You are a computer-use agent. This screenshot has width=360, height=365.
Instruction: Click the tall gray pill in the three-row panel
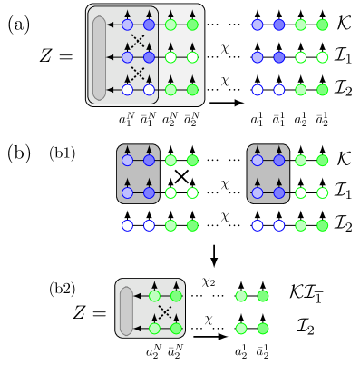pos(99,57)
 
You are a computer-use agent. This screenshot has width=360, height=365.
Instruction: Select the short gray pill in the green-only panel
pos(126,311)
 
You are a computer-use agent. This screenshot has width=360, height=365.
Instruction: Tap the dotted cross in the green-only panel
pos(165,311)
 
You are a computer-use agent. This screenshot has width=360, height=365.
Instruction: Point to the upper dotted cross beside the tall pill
pos(138,41)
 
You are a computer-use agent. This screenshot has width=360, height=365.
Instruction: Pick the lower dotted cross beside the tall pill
pos(138,74)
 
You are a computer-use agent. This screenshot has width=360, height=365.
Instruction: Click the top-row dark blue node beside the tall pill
pos(149,25)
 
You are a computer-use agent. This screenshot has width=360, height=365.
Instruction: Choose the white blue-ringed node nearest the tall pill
pos(127,90)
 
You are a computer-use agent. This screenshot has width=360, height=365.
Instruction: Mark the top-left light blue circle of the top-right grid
pos(258,25)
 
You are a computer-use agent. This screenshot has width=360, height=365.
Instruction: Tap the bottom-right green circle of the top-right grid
pos(323,90)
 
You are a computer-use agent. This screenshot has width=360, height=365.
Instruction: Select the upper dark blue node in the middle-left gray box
pos(149,161)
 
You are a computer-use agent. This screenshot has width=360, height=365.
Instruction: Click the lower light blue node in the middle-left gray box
pos(127,192)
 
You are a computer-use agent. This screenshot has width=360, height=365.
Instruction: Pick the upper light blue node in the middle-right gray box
pos(258,161)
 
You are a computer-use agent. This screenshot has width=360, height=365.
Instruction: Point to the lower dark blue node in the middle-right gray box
pos(279,192)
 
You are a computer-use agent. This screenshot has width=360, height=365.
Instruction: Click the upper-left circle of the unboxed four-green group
pos(241,296)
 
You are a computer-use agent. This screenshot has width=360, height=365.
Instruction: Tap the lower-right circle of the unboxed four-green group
pos(263,329)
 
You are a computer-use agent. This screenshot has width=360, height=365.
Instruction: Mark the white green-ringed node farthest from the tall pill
pos(192,57)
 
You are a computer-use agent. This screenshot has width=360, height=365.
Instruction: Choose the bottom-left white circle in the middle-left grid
pos(127,225)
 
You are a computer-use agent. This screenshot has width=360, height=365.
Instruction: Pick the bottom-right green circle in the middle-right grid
pos(323,225)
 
